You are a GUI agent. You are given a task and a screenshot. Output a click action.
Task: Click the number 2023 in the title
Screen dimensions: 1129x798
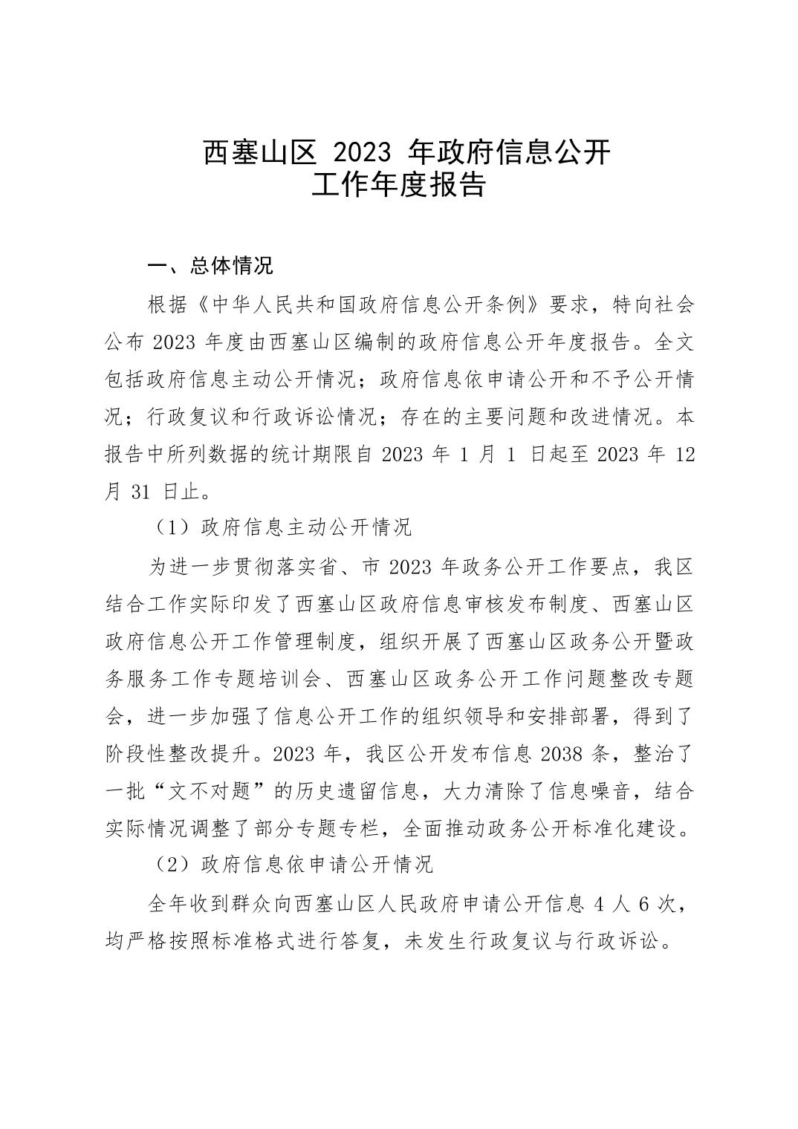click(363, 152)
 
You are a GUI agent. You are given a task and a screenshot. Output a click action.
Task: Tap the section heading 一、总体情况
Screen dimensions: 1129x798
click(210, 266)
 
